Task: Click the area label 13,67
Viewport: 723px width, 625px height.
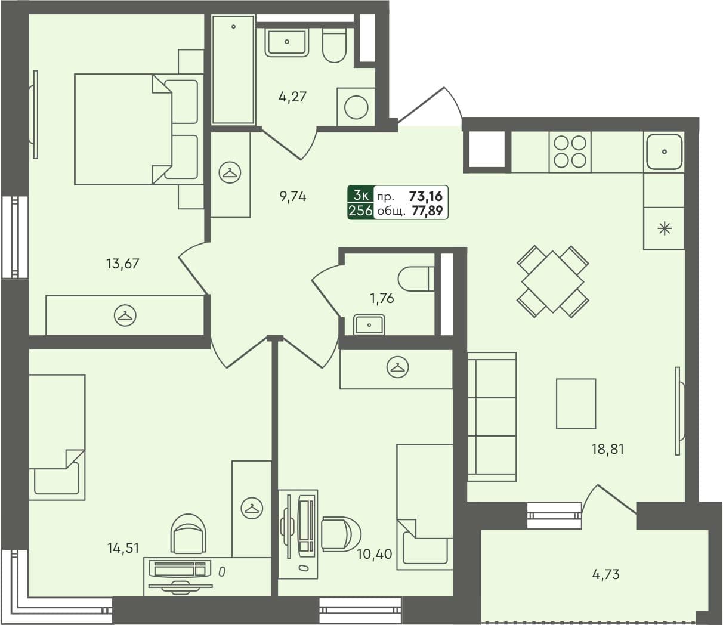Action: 123,263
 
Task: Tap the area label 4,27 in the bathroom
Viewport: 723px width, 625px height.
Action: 292,96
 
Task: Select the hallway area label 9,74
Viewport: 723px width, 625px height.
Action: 292,196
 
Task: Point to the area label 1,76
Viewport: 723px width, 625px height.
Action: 382,298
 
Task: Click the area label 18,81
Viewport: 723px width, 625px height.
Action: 607,449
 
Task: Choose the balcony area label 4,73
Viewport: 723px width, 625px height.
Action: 605,574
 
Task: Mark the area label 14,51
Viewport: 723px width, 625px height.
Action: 123,548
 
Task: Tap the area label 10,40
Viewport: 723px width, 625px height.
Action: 375,554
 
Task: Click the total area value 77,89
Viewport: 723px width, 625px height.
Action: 427,211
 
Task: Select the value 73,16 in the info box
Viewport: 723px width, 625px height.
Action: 426,196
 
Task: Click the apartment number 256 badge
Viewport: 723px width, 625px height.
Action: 361,211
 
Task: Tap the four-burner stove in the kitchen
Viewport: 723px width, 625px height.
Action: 570,151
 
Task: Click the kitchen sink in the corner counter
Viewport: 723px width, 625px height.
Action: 664,151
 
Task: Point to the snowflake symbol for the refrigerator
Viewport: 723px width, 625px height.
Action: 664,228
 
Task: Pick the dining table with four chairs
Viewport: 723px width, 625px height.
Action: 552,281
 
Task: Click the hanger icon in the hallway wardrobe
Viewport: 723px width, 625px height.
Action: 230,172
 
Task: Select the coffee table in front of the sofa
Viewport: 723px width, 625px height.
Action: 576,404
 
